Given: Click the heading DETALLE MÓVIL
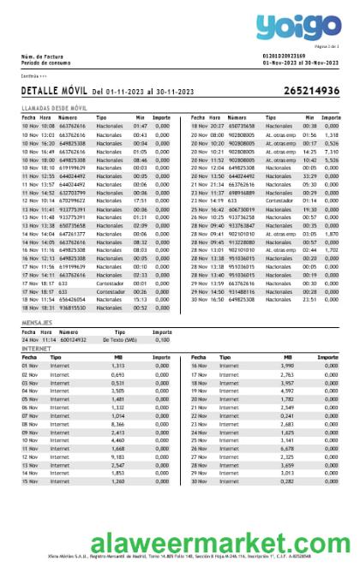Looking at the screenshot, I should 54,91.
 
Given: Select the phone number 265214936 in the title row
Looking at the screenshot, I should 311,91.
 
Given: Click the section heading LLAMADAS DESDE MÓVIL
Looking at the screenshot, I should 54,109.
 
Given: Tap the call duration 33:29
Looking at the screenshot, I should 309,176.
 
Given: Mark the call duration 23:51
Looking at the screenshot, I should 309,300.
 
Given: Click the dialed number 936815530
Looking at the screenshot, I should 72,308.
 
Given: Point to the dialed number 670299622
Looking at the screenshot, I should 72,200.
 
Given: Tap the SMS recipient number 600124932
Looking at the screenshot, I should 72,340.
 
